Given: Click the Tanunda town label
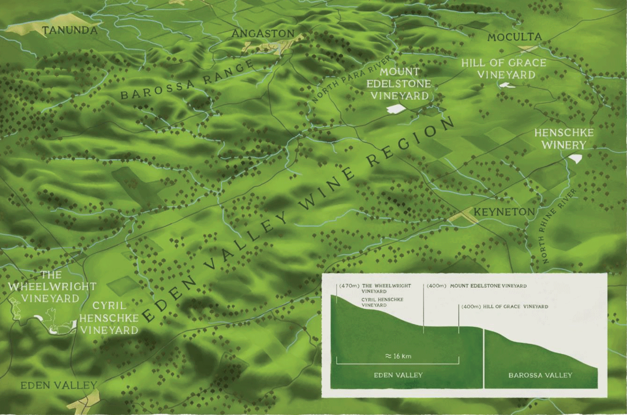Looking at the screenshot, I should tap(70, 31).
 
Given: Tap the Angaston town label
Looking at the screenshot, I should tap(263, 34).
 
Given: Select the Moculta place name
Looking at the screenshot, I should tap(514, 37).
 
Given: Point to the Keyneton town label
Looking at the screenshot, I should tap(504, 212).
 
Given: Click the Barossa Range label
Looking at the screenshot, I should tap(186, 80).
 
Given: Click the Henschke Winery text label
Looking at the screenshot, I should tap(564, 138).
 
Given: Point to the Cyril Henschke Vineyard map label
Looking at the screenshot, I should tap(109, 318).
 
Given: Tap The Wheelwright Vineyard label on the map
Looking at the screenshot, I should tap(52, 287).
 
